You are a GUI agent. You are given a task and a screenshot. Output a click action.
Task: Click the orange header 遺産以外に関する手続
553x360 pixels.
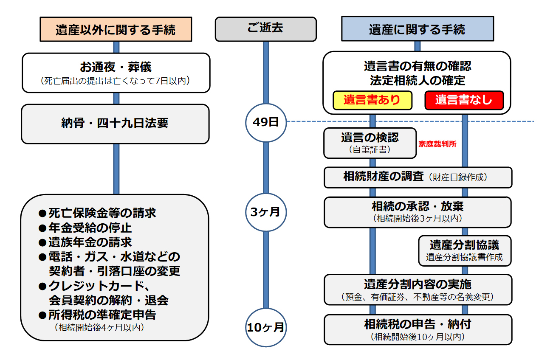click(x=116, y=30)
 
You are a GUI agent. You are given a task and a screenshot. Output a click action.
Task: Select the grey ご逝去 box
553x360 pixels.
click(x=265, y=29)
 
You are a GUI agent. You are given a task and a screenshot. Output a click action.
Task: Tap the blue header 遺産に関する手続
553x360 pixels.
click(x=417, y=29)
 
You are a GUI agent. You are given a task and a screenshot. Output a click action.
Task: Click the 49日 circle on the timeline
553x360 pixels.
click(x=266, y=122)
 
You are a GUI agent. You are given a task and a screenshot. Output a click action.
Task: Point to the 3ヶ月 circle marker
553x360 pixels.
click(x=266, y=211)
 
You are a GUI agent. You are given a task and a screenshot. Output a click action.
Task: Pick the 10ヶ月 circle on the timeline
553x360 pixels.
click(x=266, y=327)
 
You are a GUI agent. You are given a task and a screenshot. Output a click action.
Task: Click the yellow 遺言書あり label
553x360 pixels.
click(x=372, y=100)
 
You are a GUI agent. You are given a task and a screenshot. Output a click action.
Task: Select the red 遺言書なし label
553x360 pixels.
click(x=464, y=100)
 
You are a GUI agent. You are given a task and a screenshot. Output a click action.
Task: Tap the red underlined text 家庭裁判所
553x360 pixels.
click(x=437, y=144)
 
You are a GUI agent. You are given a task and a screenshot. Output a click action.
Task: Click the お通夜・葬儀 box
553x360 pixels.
click(x=116, y=73)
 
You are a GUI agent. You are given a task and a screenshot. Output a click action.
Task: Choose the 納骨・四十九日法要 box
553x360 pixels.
click(x=115, y=124)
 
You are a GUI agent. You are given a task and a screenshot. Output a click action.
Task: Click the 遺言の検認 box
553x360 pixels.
click(x=370, y=143)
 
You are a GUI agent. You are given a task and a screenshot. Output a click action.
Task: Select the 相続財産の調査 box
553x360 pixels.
click(x=418, y=177)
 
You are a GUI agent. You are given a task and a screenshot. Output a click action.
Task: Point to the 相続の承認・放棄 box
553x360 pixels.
click(x=418, y=211)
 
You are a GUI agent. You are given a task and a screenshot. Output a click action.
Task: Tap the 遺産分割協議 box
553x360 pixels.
click(x=464, y=250)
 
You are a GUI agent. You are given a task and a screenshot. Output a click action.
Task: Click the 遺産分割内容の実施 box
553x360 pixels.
click(x=418, y=289)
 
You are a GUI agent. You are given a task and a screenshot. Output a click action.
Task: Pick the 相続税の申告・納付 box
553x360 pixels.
click(x=418, y=329)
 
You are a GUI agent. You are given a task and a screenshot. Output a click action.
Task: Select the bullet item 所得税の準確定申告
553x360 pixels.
click(x=102, y=315)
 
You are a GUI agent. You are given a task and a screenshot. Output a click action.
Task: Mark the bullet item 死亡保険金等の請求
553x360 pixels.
click(x=102, y=213)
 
